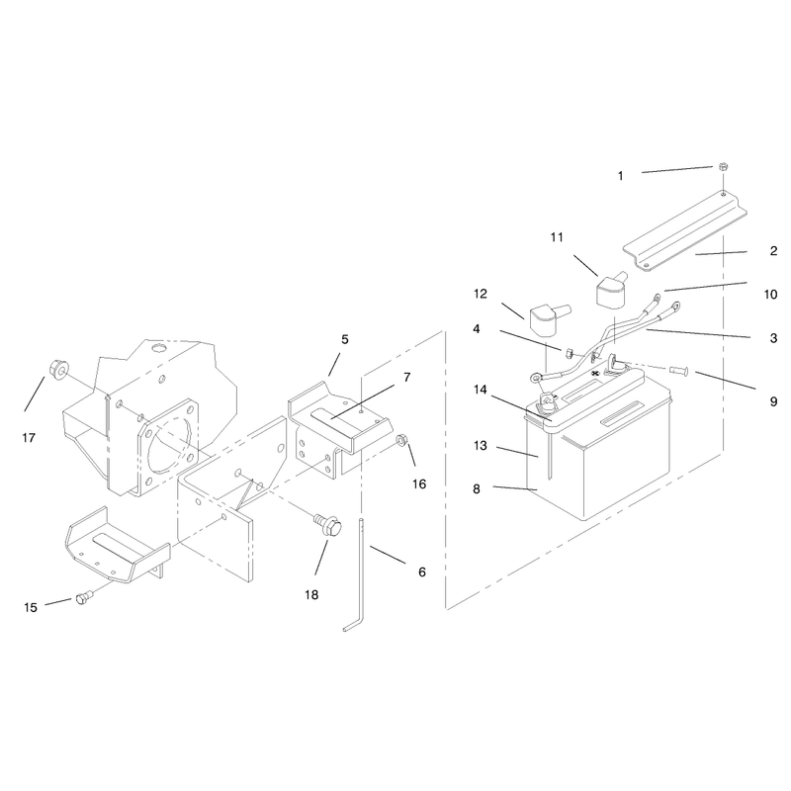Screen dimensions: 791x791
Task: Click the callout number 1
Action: [x=621, y=176]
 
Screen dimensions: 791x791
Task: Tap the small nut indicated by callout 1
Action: [x=723, y=166]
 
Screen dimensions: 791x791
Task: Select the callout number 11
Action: [x=557, y=237]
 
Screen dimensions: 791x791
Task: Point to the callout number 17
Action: [x=29, y=437]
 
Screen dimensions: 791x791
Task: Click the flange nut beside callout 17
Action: [x=59, y=369]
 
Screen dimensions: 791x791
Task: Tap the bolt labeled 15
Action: [x=83, y=599]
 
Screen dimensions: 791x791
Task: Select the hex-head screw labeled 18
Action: [x=328, y=525]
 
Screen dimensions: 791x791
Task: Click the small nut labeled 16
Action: [x=402, y=440]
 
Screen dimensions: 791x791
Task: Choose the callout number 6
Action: [x=422, y=571]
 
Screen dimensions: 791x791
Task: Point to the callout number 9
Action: [x=773, y=401]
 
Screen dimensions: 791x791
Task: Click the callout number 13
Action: [x=481, y=446]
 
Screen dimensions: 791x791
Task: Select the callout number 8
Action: [x=477, y=488]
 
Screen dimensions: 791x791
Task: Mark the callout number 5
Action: [x=344, y=339]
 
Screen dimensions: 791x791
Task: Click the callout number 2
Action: [x=773, y=251]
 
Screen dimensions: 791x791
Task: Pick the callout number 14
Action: [x=481, y=390]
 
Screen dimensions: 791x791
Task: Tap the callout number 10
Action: [x=771, y=294]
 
